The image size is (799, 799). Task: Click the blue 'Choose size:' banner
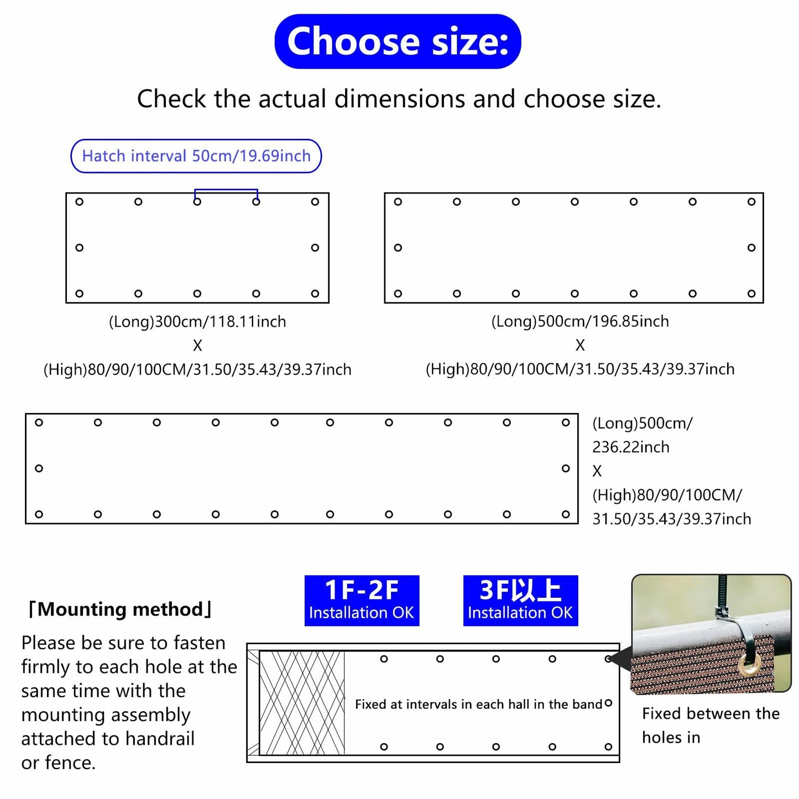[398, 41]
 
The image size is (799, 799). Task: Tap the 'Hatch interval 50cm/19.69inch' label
[196, 156]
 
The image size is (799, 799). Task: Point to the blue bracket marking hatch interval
[226, 191]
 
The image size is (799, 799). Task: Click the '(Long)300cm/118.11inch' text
[197, 321]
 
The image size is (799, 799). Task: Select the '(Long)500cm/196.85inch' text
[580, 321]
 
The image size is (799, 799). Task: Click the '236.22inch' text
[631, 447]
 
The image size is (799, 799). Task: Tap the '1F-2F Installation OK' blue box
[362, 600]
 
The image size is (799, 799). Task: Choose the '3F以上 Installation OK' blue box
[520, 600]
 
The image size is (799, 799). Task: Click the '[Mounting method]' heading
[119, 609]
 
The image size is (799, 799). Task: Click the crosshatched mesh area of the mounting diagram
[302, 703]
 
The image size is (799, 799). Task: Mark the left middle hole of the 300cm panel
[80, 248]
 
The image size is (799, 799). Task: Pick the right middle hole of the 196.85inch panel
[751, 248]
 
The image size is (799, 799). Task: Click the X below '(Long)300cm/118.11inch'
[197, 346]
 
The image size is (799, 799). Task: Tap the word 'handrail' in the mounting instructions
[160, 739]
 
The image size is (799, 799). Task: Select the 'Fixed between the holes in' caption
[711, 725]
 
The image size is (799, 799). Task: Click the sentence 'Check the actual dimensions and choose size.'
[399, 99]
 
